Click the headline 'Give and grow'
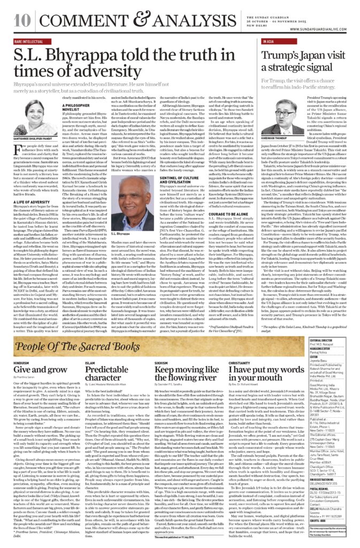32,370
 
